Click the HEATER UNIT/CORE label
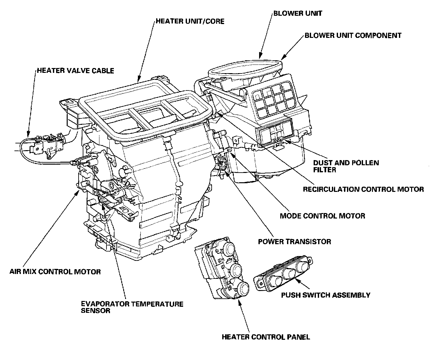pos(190,21)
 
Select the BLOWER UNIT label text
pos(298,13)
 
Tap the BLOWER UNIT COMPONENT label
pos(353,35)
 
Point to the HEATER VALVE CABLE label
pos(75,70)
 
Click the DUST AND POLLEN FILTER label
pos(341,166)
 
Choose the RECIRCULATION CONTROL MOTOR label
pos(363,189)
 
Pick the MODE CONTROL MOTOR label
pos(322,216)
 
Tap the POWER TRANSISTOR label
pos(294,241)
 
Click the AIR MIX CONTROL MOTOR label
pos(55,272)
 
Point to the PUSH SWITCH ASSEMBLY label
pos(325,295)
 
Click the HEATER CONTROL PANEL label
pos(266,337)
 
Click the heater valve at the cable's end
pos(45,144)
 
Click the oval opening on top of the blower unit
pos(245,68)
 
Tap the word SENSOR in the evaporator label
pos(96,311)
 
